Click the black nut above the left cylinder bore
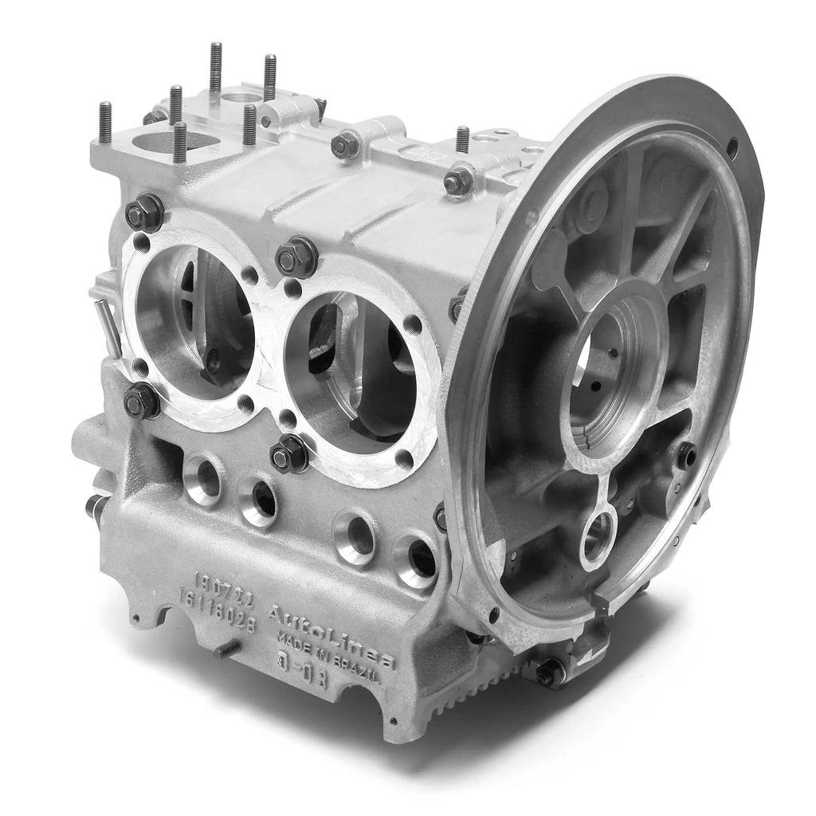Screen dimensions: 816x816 (144, 212)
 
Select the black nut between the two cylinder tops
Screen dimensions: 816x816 (296, 257)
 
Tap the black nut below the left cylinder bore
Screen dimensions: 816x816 (142, 400)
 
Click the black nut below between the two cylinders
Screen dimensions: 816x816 (288, 454)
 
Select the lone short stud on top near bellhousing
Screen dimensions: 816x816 (462, 139)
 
